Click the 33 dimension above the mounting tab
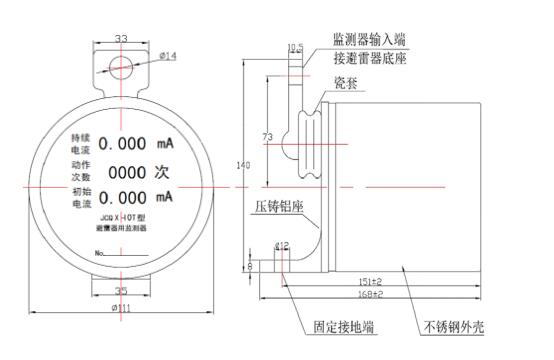click(x=121, y=39)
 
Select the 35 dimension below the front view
click(x=121, y=290)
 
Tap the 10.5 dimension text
click(x=295, y=46)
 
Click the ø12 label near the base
click(x=282, y=245)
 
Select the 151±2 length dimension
click(x=370, y=282)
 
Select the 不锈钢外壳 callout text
click(x=454, y=327)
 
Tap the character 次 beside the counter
click(x=164, y=171)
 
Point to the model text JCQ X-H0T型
click(x=120, y=216)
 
